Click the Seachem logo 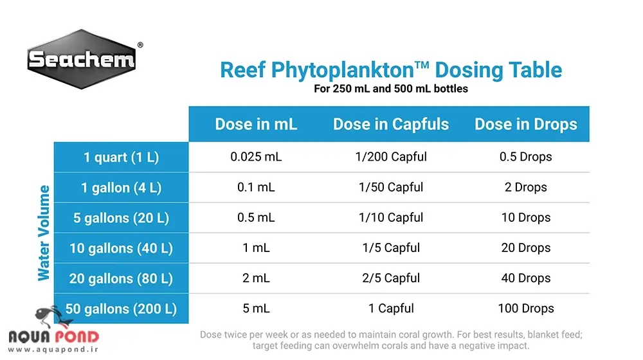(x=82, y=60)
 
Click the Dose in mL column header (x=256, y=124)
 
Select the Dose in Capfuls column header (x=391, y=124)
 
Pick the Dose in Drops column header (x=526, y=124)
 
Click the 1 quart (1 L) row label (x=121, y=157)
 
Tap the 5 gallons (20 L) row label (x=121, y=218)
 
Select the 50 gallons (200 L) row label (x=121, y=309)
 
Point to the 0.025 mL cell (x=256, y=157)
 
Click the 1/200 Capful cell (x=391, y=157)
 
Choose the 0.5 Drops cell (x=526, y=157)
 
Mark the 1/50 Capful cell (x=391, y=188)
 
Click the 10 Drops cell (x=526, y=218)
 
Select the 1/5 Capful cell (x=391, y=248)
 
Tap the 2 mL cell (x=256, y=278)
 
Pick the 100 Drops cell (x=526, y=309)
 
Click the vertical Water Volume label (x=44, y=233)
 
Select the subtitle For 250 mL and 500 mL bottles (x=391, y=89)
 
